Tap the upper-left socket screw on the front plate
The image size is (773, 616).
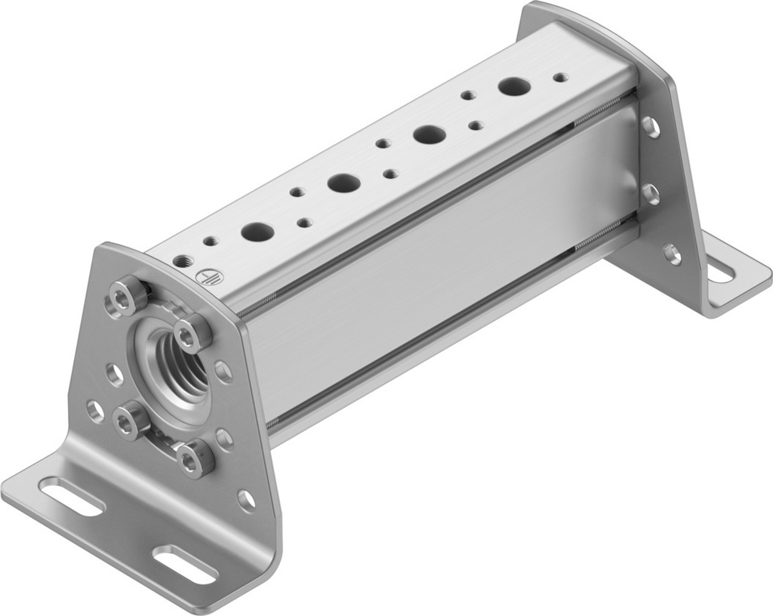tap(127, 295)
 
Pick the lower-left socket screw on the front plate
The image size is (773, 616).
tap(131, 420)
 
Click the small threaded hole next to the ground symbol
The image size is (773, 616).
tap(182, 261)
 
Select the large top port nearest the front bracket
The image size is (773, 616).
tap(257, 231)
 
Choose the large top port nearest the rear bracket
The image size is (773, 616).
tap(513, 86)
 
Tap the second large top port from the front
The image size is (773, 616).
tap(343, 182)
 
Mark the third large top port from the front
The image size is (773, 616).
tap(429, 134)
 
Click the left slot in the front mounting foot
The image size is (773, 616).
tap(71, 497)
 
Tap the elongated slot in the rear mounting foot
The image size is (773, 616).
tap(720, 270)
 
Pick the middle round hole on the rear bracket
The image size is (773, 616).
tap(650, 193)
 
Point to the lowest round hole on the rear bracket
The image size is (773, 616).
tap(671, 253)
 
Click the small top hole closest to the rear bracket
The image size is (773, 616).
tap(559, 77)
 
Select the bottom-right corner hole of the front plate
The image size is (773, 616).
tap(246, 500)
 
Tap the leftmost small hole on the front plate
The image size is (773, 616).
tap(95, 411)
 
